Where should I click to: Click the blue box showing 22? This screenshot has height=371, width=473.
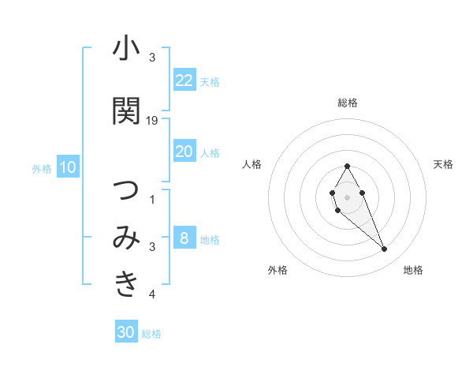tap(184, 80)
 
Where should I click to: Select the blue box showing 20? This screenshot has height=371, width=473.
tap(184, 151)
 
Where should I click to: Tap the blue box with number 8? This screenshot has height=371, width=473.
tap(184, 238)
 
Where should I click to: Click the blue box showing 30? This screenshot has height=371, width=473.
tap(126, 332)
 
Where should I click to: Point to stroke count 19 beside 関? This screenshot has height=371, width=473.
tap(153, 121)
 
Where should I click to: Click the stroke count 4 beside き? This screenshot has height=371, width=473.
tap(152, 294)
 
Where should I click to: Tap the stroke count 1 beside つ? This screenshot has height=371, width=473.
tap(152, 200)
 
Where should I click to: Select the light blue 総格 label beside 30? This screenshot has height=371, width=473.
tap(151, 334)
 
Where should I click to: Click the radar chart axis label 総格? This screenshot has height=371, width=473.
tap(347, 103)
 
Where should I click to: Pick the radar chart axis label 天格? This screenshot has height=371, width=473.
tap(443, 164)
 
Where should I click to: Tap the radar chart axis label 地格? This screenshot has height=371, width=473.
tap(413, 270)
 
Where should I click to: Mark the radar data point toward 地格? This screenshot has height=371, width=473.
tap(384, 249)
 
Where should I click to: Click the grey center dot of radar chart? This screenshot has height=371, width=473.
tap(347, 196)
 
